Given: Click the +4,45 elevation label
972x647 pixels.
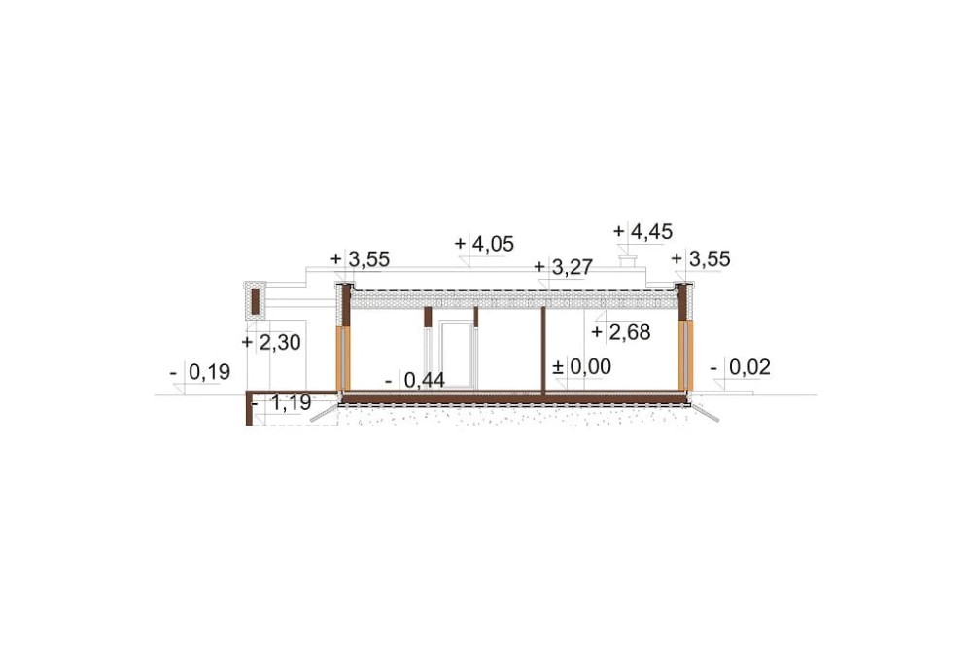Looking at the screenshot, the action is [642, 232].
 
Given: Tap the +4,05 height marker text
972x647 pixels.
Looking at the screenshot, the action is [484, 244].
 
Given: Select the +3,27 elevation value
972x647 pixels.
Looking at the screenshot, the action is [564, 267].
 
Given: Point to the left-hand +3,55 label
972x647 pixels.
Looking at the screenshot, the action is [361, 259].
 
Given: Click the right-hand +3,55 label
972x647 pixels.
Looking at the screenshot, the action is [701, 259].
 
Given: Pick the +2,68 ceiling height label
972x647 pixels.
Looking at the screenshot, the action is [620, 333].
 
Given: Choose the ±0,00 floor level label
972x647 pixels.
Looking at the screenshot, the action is [581, 367].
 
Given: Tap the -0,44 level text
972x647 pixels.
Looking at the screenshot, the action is [415, 380].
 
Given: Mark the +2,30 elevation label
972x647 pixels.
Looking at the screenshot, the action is [271, 342].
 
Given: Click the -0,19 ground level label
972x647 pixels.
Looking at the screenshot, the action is [199, 372].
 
